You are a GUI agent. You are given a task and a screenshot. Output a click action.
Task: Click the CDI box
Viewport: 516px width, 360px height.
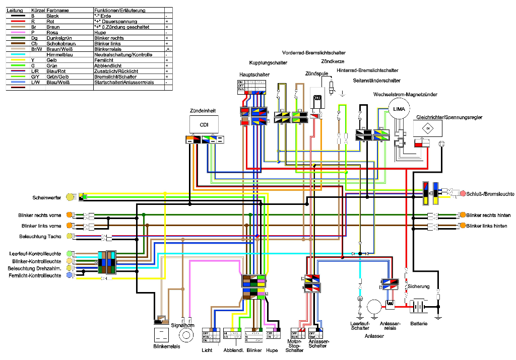(204, 124)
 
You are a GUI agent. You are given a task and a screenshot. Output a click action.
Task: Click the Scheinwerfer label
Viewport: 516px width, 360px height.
(47, 197)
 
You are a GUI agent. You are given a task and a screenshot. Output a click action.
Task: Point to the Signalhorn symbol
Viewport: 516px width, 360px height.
(187, 334)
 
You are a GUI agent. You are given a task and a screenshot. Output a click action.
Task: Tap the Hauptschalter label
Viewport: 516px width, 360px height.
(254, 75)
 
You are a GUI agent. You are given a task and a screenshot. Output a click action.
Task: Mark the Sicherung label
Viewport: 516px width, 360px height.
(419, 286)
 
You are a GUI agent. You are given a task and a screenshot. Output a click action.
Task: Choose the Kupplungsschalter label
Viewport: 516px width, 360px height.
(268, 63)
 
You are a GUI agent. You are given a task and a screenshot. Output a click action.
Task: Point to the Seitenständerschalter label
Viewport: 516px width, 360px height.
(377, 81)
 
